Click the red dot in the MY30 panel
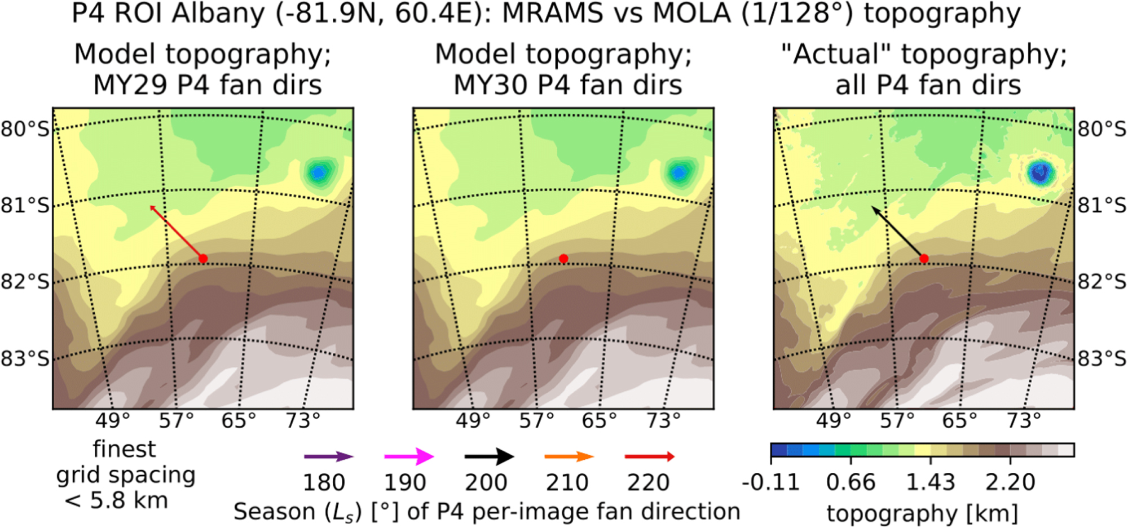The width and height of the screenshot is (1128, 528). tap(563, 259)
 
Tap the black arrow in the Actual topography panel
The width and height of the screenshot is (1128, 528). tap(897, 232)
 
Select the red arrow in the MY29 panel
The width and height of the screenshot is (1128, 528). tap(177, 232)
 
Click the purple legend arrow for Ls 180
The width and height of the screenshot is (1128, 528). tap(328, 456)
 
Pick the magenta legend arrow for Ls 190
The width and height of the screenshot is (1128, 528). tap(409, 456)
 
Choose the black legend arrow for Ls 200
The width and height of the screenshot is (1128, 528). tap(489, 456)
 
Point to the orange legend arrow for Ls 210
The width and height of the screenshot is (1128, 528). tap(569, 456)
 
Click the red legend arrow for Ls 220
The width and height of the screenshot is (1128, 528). tap(650, 456)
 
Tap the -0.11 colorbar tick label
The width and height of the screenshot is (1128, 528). tap(770, 482)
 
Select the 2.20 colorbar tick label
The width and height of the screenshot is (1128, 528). tap(1010, 482)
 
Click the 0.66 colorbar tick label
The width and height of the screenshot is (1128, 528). tap(851, 482)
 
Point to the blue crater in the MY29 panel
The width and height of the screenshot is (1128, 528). tap(319, 172)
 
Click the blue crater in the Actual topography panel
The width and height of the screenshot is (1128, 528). tap(1040, 172)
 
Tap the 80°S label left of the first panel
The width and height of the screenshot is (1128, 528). tap(25, 129)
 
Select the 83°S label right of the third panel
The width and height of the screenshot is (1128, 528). tap(1102, 358)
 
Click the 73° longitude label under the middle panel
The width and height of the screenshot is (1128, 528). tap(664, 420)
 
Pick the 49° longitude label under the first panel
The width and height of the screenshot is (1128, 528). tap(113, 420)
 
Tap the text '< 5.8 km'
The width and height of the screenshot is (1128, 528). tap(117, 500)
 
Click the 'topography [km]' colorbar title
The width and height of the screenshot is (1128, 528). tap(922, 513)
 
